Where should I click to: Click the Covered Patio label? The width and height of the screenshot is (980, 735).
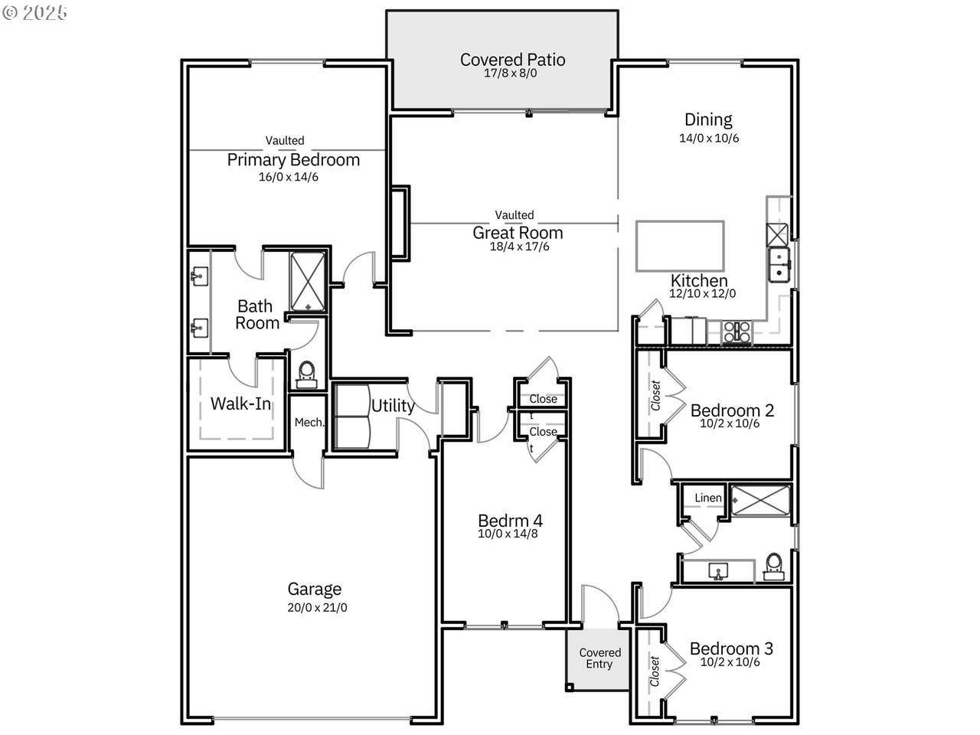(x=512, y=60)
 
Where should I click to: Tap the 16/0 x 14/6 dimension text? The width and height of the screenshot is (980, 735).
(x=289, y=177)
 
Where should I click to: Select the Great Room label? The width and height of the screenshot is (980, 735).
(x=518, y=233)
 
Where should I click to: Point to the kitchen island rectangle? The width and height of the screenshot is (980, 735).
(x=680, y=246)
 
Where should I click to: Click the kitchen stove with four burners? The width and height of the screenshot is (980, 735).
(x=737, y=332)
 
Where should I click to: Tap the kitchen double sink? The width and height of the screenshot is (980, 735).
(x=779, y=265)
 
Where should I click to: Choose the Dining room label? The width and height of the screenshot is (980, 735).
(x=708, y=119)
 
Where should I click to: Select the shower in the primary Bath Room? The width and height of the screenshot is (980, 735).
(x=308, y=282)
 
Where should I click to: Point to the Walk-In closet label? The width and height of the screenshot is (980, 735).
(x=240, y=404)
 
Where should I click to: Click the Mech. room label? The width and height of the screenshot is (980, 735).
(x=309, y=422)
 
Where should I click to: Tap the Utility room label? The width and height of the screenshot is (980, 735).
(x=393, y=406)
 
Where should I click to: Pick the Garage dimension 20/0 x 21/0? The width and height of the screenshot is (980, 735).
(x=317, y=607)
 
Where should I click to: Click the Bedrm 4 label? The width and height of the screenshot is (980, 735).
(x=510, y=521)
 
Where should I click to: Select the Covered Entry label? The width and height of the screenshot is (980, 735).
(x=599, y=658)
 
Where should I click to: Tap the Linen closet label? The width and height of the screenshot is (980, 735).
(x=708, y=498)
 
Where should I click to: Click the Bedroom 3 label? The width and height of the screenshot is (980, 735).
(x=731, y=648)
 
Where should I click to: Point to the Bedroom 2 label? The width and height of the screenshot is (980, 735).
(x=732, y=410)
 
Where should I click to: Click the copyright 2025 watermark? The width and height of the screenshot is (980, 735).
(x=34, y=12)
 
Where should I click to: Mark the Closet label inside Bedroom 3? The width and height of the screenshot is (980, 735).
(x=655, y=671)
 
